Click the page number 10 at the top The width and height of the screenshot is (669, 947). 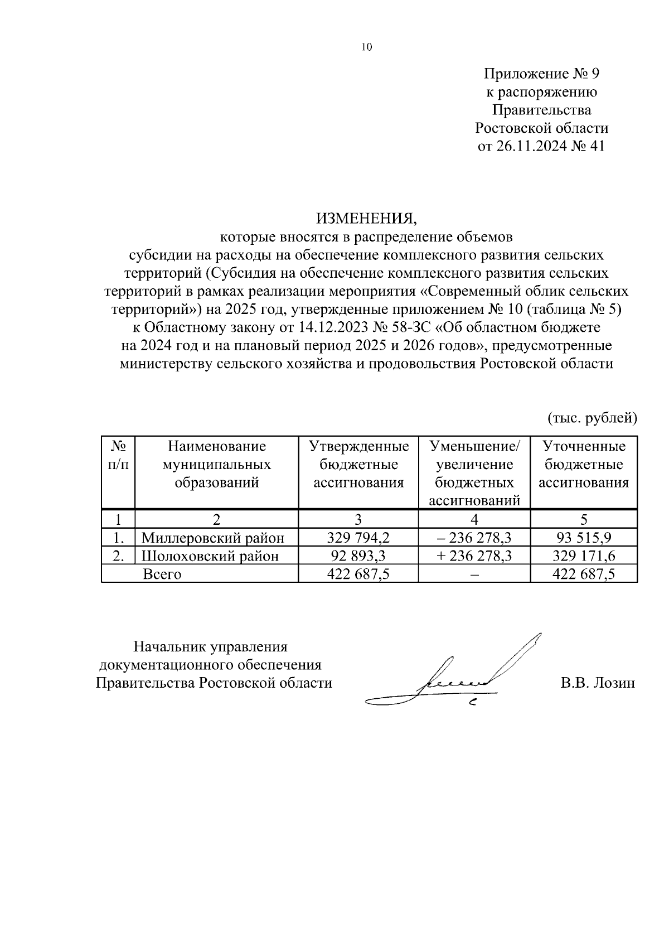click(x=366, y=47)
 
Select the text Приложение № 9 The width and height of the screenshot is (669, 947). click(x=541, y=74)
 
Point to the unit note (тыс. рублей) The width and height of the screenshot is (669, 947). click(x=592, y=417)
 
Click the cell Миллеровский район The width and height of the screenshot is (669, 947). click(x=213, y=538)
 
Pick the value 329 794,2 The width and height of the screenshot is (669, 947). click(x=358, y=538)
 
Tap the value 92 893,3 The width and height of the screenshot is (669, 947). click(x=358, y=555)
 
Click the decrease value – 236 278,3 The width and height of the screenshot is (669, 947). click(x=474, y=538)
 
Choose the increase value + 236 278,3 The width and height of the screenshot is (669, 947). click(x=474, y=555)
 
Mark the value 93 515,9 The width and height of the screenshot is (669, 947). click(x=584, y=538)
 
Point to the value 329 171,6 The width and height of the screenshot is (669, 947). click(x=584, y=555)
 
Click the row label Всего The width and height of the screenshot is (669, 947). click(x=162, y=574)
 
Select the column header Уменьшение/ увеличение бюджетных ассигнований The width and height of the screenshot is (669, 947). click(x=474, y=473)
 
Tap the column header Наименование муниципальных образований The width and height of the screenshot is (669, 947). click(x=217, y=464)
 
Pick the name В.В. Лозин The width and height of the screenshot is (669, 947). click(x=598, y=683)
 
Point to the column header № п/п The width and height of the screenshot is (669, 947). click(x=118, y=455)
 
